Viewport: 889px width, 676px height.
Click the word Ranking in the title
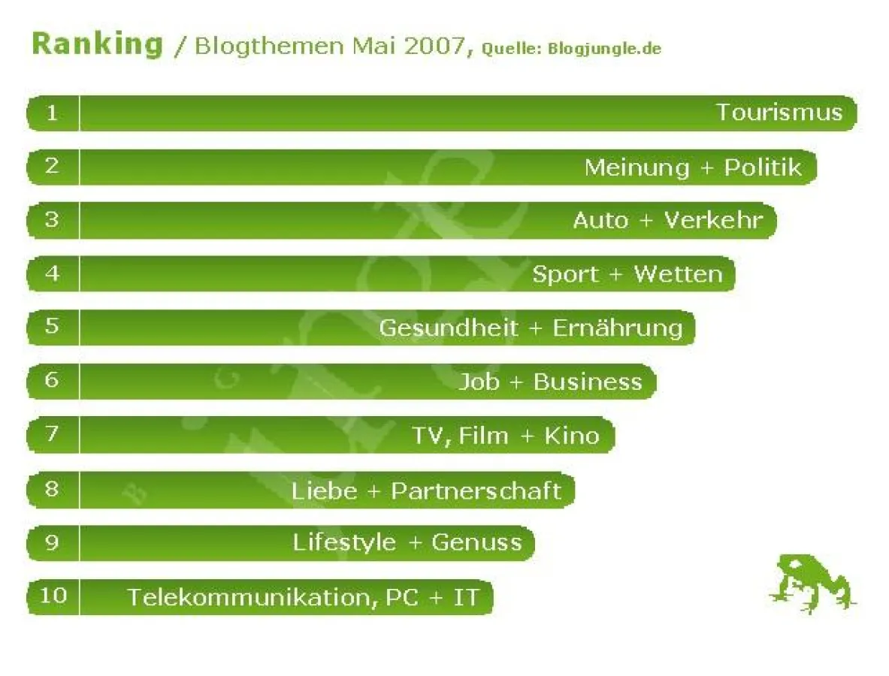[97, 44]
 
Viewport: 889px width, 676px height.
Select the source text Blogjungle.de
[604, 50]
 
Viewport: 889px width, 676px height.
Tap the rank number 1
[52, 113]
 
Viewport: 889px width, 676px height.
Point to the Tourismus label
[779, 113]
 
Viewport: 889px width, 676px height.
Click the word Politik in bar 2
[763, 167]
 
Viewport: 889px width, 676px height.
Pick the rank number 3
[52, 220]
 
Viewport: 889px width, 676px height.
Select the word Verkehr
[713, 220]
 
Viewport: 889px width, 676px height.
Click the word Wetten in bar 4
[678, 274]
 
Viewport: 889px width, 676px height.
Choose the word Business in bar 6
[588, 382]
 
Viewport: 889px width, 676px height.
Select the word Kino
[571, 436]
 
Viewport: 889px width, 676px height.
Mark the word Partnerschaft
[476, 491]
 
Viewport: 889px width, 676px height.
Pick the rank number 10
[53, 596]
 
